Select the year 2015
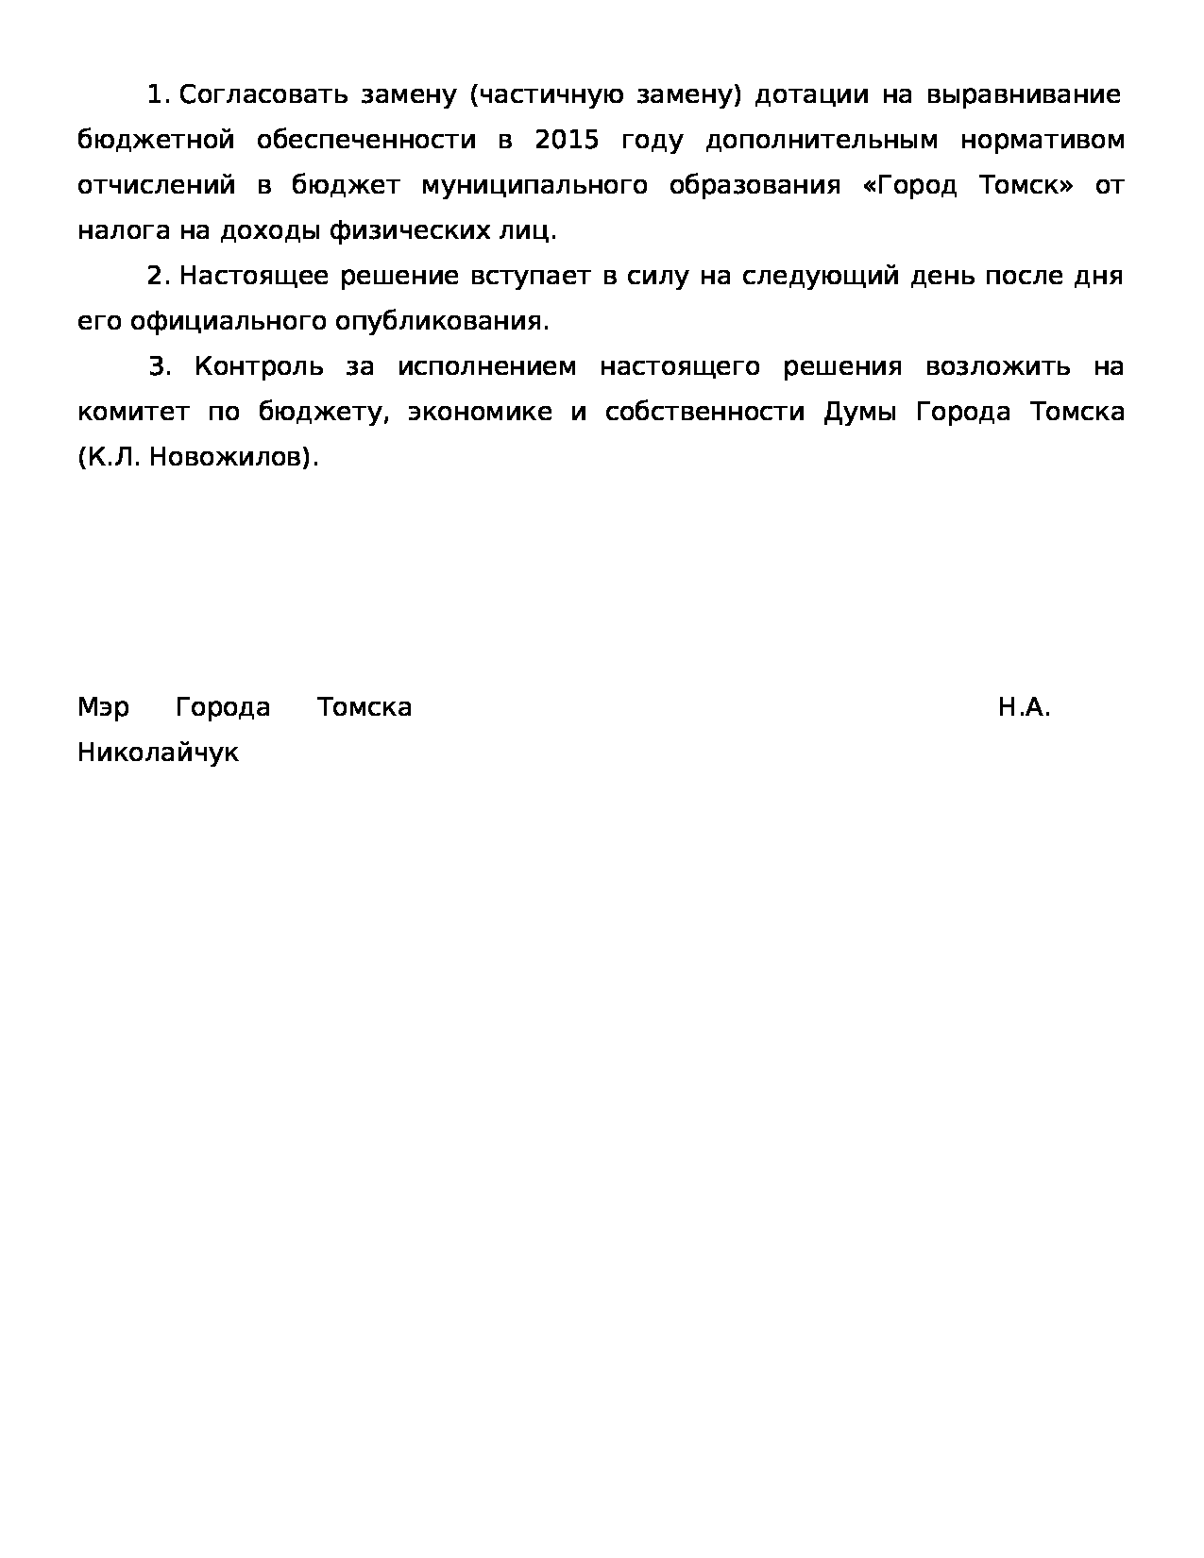(567, 141)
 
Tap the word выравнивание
(1024, 95)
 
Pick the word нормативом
(1043, 141)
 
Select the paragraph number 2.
(157, 277)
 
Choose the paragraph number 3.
(159, 367)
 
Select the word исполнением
(486, 367)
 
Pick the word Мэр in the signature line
(103, 707)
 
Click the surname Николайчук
(158, 753)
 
